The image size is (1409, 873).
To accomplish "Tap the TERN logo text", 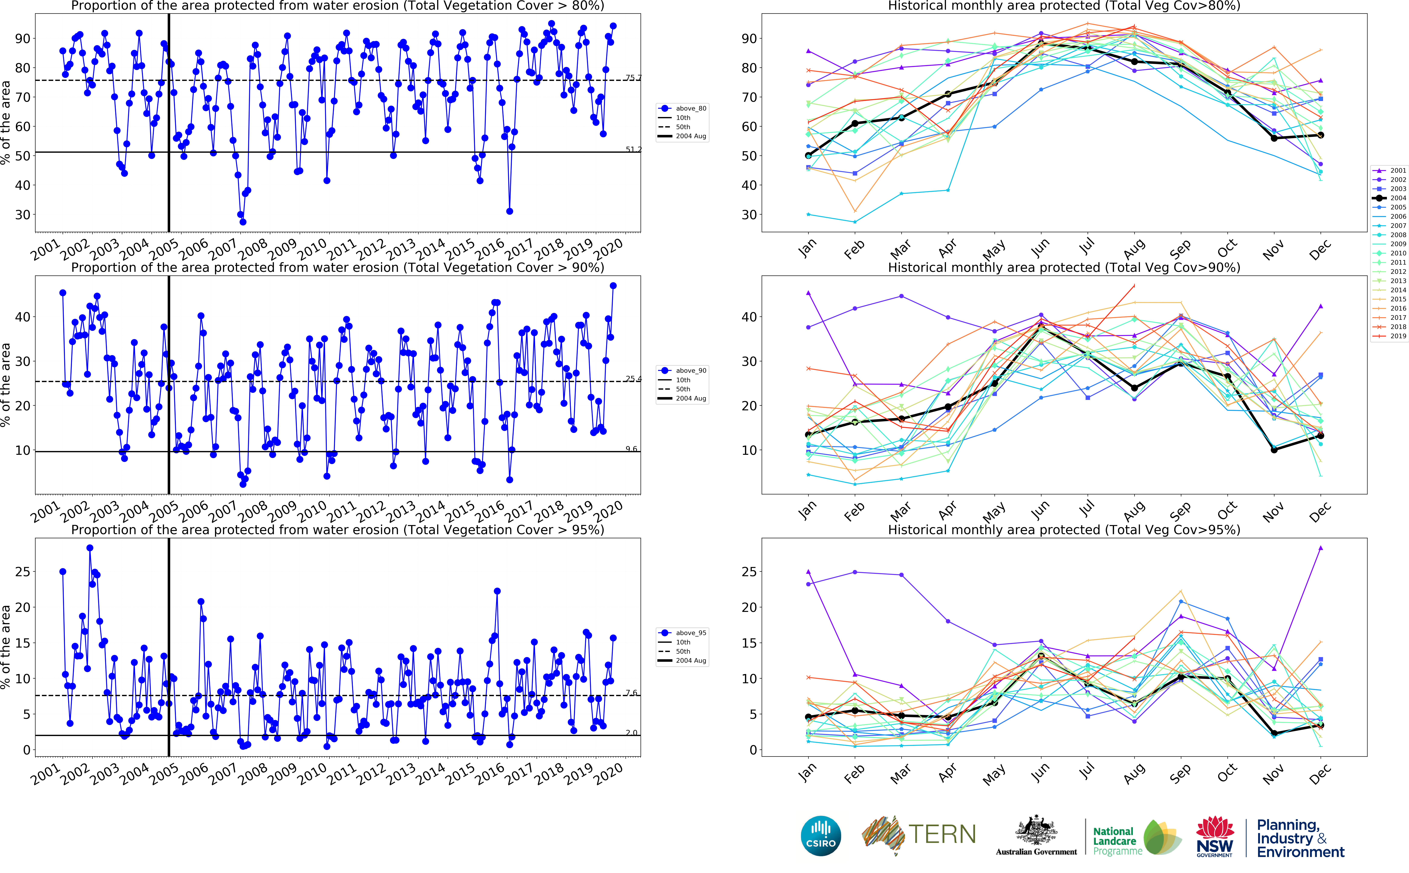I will pyautogui.click(x=942, y=834).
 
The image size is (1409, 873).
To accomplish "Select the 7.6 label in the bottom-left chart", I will pyautogui.click(x=631, y=693).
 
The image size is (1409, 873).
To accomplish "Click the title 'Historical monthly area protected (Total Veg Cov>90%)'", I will pyautogui.click(x=1064, y=267).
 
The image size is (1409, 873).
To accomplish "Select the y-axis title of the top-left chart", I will pyautogui.click(x=6, y=122).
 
